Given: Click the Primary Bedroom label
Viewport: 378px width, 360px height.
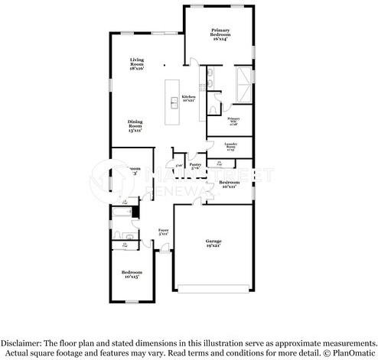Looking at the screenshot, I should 220,34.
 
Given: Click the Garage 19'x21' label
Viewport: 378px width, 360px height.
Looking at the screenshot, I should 212,243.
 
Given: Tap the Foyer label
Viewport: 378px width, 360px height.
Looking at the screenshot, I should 163,231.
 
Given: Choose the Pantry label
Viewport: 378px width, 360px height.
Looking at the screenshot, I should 195,166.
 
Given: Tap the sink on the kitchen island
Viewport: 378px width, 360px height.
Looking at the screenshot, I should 174,105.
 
